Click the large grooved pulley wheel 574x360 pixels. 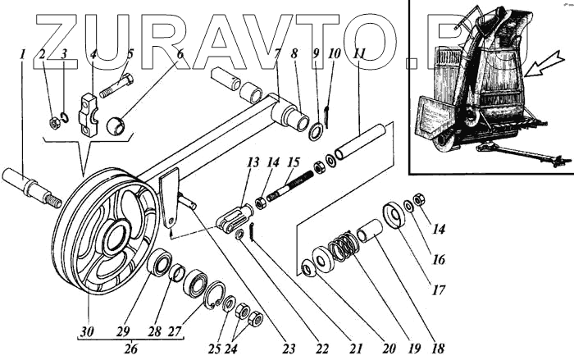coord(107,238)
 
